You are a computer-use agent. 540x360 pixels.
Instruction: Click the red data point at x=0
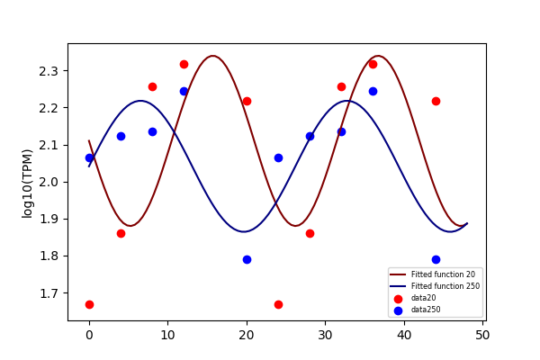[x=89, y=304]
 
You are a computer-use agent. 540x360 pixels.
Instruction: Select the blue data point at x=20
[x=247, y=259]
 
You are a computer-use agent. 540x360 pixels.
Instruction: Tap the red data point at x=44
[x=436, y=102]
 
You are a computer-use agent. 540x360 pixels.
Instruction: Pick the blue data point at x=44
[x=436, y=259]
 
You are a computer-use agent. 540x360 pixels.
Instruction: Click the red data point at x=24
[x=279, y=304]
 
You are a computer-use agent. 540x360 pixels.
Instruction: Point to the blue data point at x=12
[x=184, y=91]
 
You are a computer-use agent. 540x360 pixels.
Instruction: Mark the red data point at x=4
[x=121, y=234]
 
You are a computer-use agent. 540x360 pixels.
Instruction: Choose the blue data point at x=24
[x=279, y=158]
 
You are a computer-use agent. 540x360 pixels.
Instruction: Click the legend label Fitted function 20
[x=443, y=274]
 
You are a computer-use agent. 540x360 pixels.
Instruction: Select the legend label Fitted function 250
[x=445, y=286]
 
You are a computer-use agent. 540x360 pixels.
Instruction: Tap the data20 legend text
[x=424, y=298]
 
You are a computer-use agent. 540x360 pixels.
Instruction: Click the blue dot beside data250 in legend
[x=398, y=310]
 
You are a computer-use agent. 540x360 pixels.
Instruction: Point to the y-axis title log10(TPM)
[x=27, y=184]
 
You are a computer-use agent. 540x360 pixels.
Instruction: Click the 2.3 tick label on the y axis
[x=49, y=71]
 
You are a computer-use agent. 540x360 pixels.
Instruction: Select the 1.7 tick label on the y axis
[x=49, y=293]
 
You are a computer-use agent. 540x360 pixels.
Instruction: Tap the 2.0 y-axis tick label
[x=49, y=182]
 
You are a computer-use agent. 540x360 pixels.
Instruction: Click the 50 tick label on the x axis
[x=482, y=335]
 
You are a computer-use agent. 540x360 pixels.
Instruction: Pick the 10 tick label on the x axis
[x=168, y=335]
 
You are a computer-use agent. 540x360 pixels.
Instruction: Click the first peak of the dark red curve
[x=213, y=56]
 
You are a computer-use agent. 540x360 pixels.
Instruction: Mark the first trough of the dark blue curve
[x=244, y=231]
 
